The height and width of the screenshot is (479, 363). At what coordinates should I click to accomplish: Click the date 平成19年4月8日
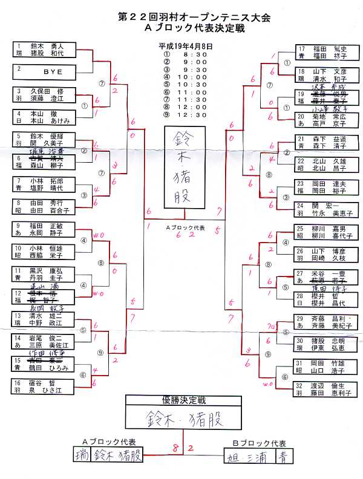(185, 45)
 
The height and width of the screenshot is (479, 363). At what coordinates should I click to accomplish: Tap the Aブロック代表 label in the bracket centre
(185, 228)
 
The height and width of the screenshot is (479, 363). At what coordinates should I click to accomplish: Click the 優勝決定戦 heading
(183, 400)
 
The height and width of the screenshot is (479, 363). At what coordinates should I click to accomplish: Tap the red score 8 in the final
(174, 448)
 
